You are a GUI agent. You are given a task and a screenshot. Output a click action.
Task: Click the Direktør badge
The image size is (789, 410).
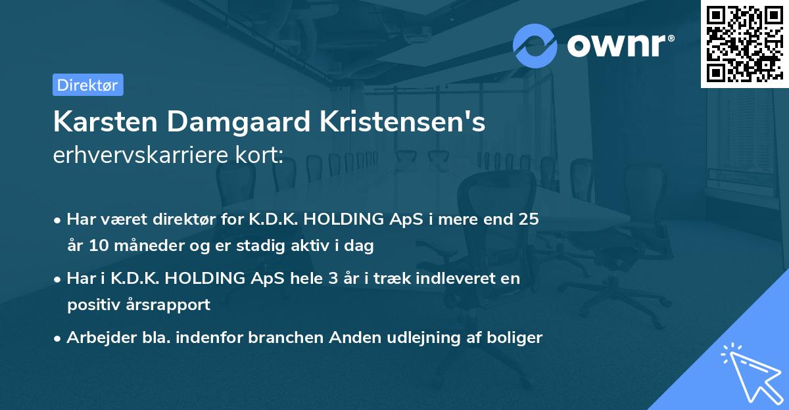tap(87, 85)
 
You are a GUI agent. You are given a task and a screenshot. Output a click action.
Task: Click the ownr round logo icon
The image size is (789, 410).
tap(535, 45)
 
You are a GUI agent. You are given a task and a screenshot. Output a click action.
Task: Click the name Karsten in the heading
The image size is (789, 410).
tap(104, 122)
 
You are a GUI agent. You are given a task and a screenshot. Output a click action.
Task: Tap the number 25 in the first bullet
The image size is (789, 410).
tap(528, 219)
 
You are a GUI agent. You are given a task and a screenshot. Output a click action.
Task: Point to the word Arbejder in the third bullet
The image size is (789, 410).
tap(98, 338)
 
